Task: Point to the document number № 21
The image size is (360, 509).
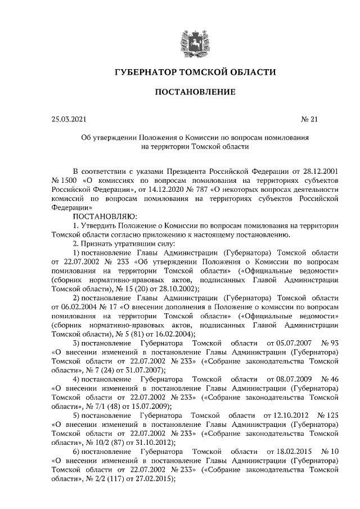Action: pos(310,119)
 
